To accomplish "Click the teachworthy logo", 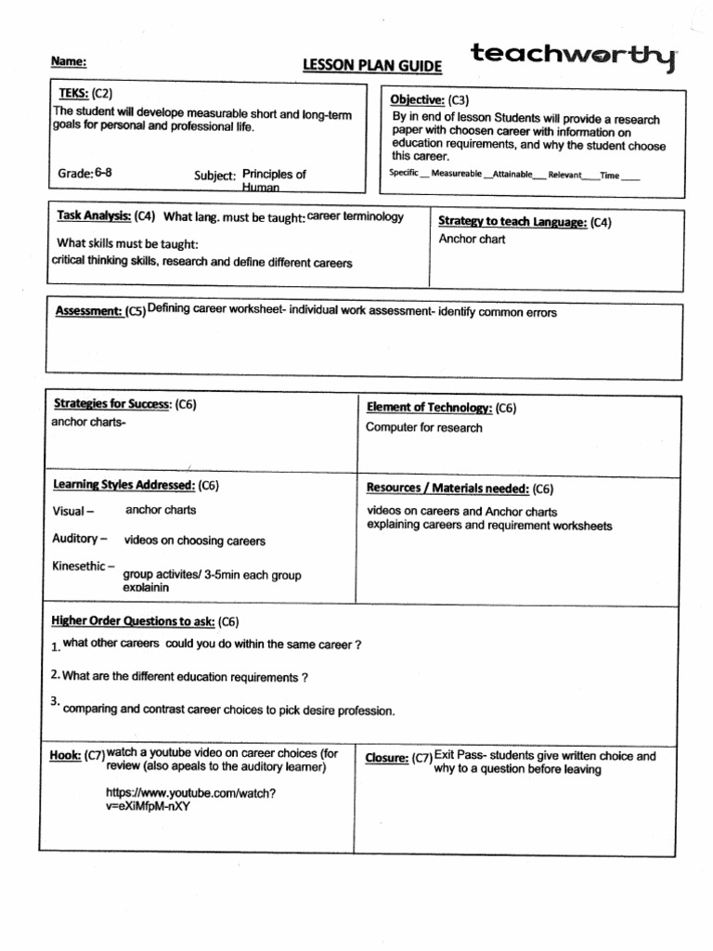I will [x=574, y=58].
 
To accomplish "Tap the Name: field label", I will [x=69, y=61].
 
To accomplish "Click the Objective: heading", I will [x=417, y=100].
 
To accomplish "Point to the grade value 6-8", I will [x=103, y=173].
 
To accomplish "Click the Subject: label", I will [x=214, y=175].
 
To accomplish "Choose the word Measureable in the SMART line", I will [x=457, y=175].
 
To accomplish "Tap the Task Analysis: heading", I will [x=93, y=215].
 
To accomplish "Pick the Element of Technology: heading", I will [x=429, y=408].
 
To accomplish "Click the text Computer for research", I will [x=424, y=428].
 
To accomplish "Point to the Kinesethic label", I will [x=84, y=566].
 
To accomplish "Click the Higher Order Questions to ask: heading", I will [x=133, y=621].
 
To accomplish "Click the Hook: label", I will [x=66, y=757].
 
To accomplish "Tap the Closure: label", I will [x=387, y=758].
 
